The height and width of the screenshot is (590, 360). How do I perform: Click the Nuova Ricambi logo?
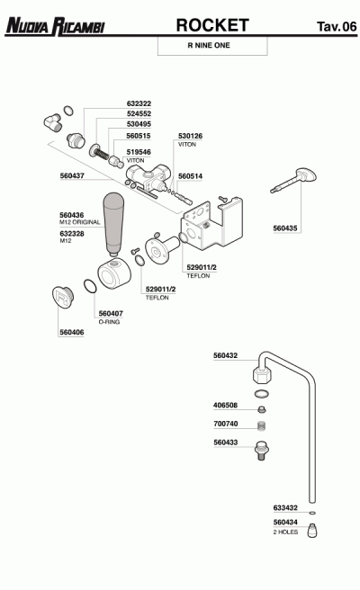pos(55,26)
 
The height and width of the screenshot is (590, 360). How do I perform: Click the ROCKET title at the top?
pos(212,25)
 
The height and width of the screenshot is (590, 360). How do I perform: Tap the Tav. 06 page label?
pos(337,26)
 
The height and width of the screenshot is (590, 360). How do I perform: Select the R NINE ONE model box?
pos(212,46)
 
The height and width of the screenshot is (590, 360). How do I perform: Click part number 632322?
pos(139,103)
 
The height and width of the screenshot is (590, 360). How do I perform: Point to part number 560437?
pos(72,175)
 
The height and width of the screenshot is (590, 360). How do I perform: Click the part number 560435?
pos(285,228)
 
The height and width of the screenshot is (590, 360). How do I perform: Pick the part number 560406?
pos(71,332)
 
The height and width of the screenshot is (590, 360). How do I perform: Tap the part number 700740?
pos(226,424)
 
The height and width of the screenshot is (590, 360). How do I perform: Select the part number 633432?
pos(285,508)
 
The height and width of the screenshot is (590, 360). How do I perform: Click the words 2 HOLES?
pos(285,532)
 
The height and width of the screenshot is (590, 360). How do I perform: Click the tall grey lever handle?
pos(113,224)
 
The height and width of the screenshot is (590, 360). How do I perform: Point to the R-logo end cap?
pos(62,298)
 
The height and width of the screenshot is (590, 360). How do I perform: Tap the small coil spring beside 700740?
pos(262,426)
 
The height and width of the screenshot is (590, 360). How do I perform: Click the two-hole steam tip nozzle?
pos(311,531)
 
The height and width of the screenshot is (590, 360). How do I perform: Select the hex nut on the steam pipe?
pos(261,374)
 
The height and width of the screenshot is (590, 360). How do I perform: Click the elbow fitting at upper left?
pos(52,122)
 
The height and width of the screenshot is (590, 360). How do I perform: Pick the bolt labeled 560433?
pos(261,450)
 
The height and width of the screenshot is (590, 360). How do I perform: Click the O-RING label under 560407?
pos(109,322)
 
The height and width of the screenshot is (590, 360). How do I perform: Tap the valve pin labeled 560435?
pos(293,181)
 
